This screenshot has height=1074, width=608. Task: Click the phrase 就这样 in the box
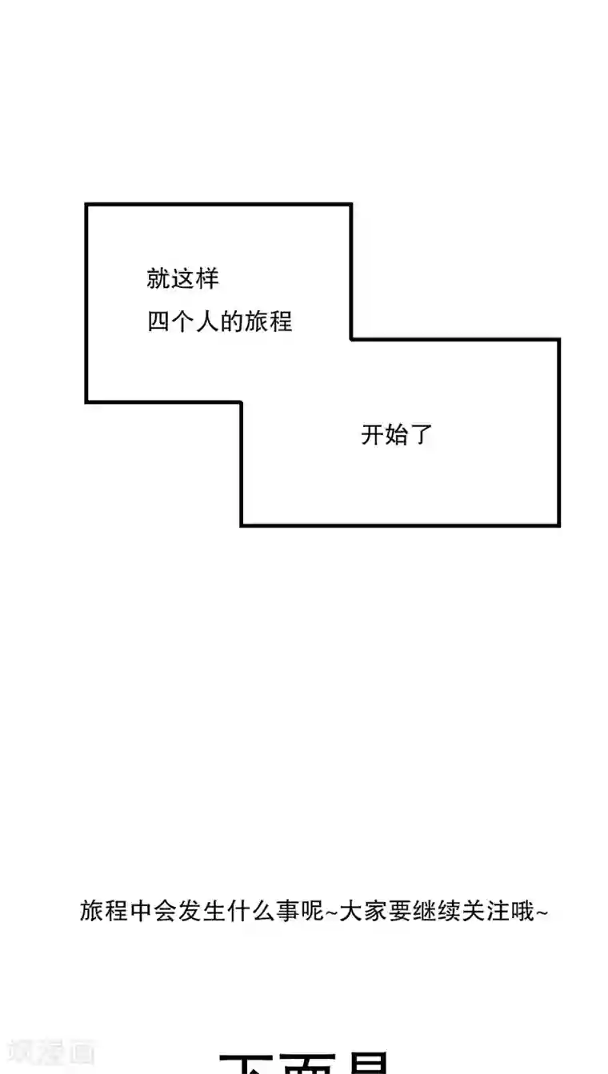coord(182,279)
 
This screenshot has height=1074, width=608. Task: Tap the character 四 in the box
coord(159,321)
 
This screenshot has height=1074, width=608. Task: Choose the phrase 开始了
coord(397,436)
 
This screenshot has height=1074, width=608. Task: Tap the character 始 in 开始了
coord(397,436)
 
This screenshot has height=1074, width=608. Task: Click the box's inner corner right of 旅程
coord(351,339)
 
